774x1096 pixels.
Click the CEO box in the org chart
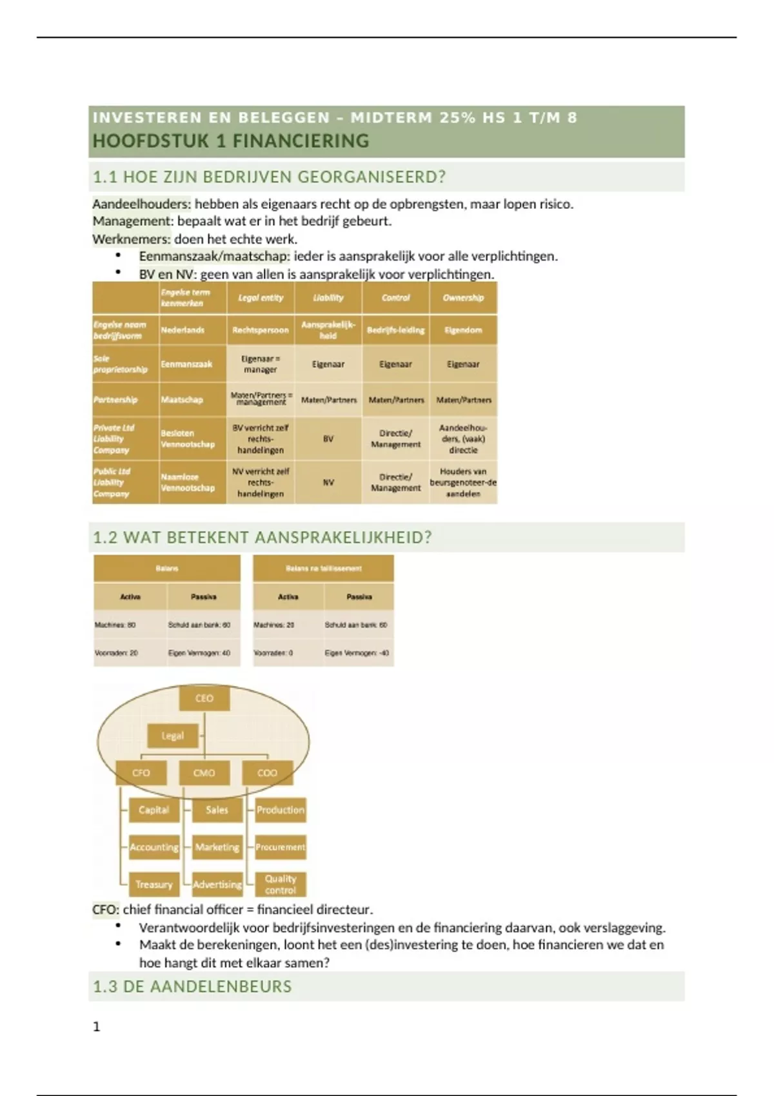coord(204,698)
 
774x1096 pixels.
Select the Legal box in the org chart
coord(172,736)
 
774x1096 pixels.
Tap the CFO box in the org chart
coord(141,772)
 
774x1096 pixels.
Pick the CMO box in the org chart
coord(204,772)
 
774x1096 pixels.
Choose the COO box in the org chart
coord(267,772)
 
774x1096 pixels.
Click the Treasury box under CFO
coord(154,885)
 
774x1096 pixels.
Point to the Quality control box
coord(280,885)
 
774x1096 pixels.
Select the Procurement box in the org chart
coord(280,847)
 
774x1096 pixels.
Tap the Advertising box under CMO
coord(217,885)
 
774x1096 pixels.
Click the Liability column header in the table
coord(328,298)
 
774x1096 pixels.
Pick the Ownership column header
coord(463,298)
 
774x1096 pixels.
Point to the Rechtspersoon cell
coord(261,330)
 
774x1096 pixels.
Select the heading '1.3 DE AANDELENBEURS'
coord(192,986)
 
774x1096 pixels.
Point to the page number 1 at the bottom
coord(97,1027)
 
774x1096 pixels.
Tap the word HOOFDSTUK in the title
coord(151,141)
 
